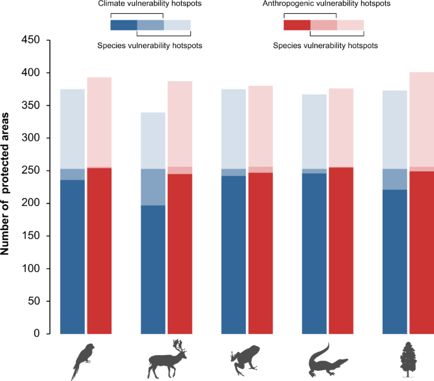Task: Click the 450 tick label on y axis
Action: point(29,41)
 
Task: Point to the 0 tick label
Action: point(37,333)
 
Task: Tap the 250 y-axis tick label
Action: point(29,171)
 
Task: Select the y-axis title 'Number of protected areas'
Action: point(7,187)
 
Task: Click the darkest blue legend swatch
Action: point(124,25)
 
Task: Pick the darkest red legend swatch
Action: point(297,25)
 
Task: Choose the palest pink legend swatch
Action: point(350,25)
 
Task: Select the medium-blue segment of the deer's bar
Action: point(153,187)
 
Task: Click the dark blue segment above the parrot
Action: point(72,256)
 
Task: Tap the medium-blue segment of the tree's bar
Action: point(395,179)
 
